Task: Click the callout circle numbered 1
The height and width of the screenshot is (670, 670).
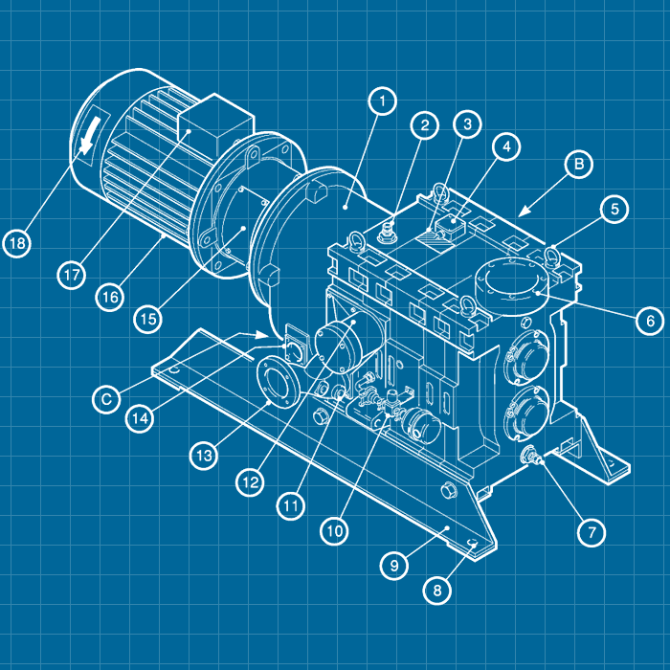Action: pyautogui.click(x=382, y=101)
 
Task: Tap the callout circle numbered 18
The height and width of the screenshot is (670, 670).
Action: pyautogui.click(x=17, y=243)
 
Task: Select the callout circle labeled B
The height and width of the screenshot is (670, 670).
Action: pyautogui.click(x=578, y=164)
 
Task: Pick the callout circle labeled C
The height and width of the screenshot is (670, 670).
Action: pyautogui.click(x=106, y=399)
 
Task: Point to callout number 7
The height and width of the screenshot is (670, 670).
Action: pyautogui.click(x=592, y=532)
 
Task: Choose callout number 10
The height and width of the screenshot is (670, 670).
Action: pyautogui.click(x=335, y=530)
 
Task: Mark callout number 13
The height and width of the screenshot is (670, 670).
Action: pyautogui.click(x=204, y=456)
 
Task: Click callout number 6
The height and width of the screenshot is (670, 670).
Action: pyautogui.click(x=650, y=320)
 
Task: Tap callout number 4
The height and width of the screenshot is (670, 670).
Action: pyautogui.click(x=506, y=146)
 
